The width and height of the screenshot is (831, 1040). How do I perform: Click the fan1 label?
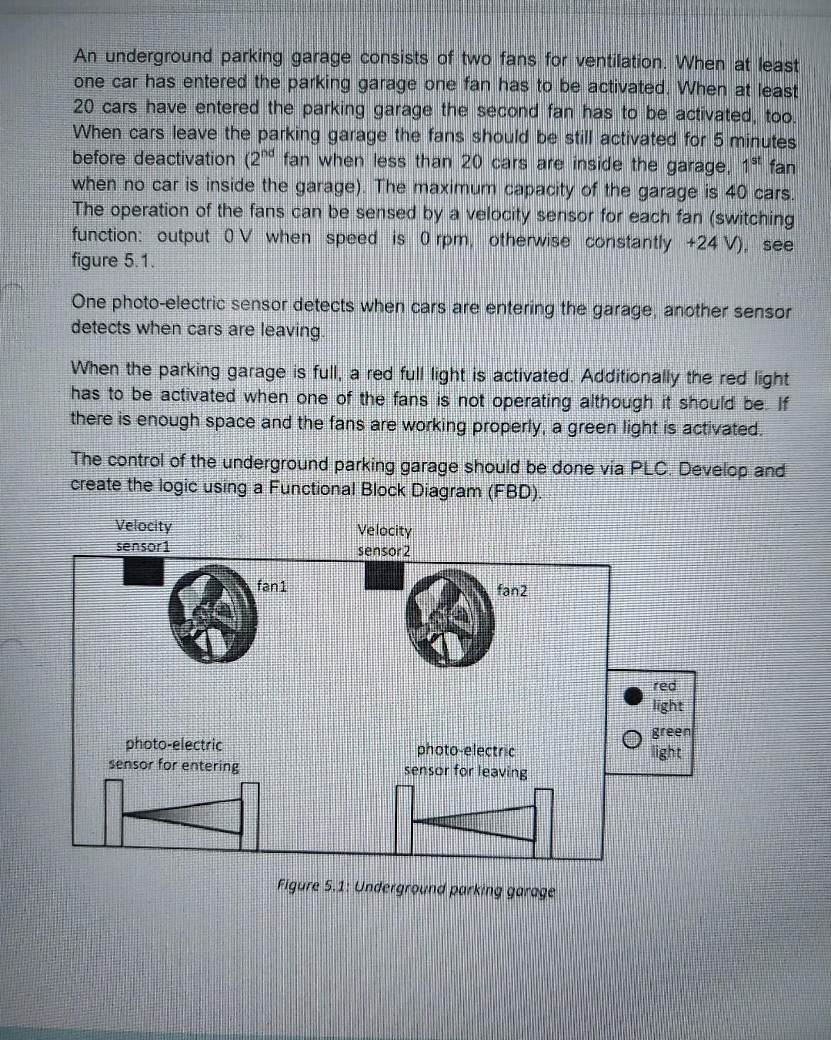pos(272,586)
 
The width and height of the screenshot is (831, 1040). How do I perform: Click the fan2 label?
pos(513,591)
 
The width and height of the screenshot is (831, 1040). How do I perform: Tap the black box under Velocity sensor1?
pos(143,571)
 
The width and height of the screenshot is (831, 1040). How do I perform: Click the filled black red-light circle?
pos(632,696)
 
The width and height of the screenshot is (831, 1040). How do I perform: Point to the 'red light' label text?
pos(666,695)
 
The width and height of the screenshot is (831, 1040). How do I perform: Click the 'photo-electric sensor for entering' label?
pos(174,755)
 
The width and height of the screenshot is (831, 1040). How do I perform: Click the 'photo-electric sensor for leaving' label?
pos(466,761)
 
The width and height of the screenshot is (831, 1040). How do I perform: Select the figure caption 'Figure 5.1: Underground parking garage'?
pos(416,891)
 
